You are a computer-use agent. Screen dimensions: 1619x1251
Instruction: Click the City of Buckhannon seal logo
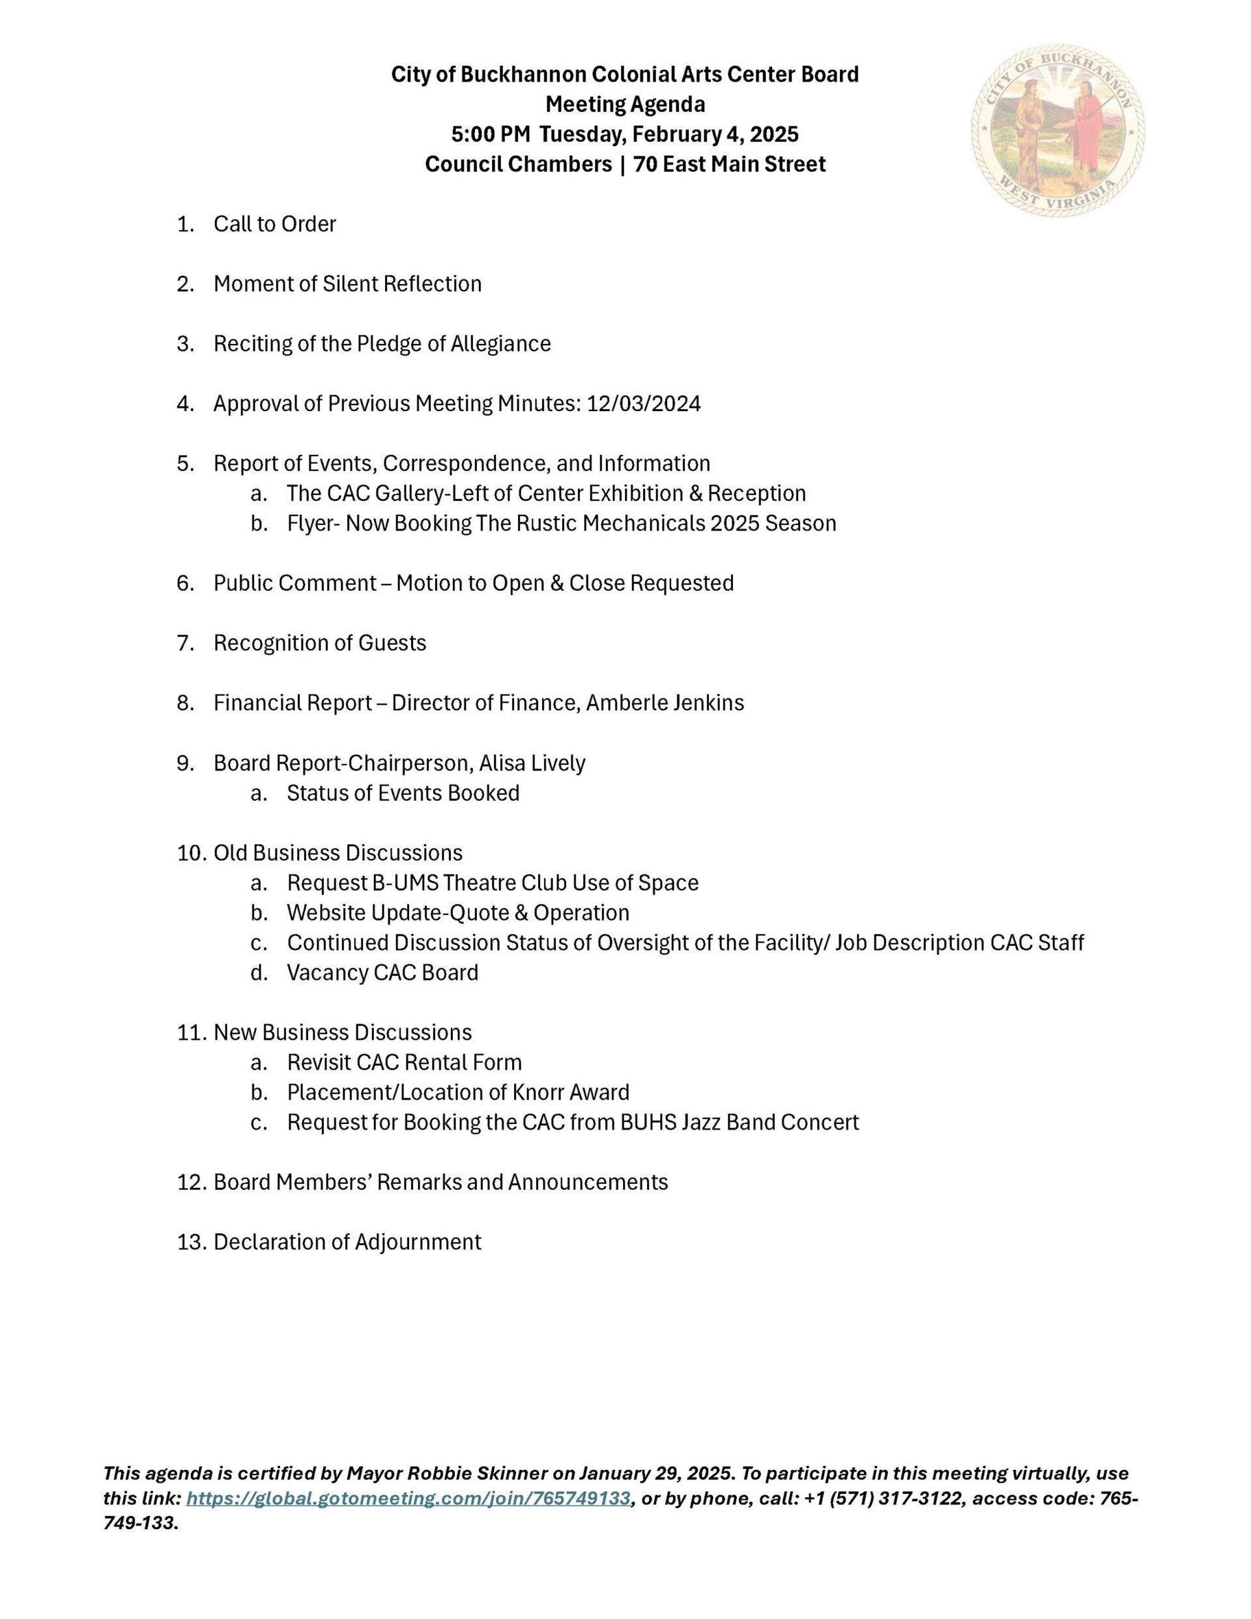pos(1057,130)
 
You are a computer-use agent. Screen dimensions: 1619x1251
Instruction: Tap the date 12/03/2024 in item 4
pos(643,404)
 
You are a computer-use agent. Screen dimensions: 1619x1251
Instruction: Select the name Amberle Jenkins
pos(665,703)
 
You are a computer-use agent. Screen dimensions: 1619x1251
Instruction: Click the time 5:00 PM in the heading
pos(490,134)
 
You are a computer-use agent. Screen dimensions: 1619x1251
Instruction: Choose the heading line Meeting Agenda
pos(625,104)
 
